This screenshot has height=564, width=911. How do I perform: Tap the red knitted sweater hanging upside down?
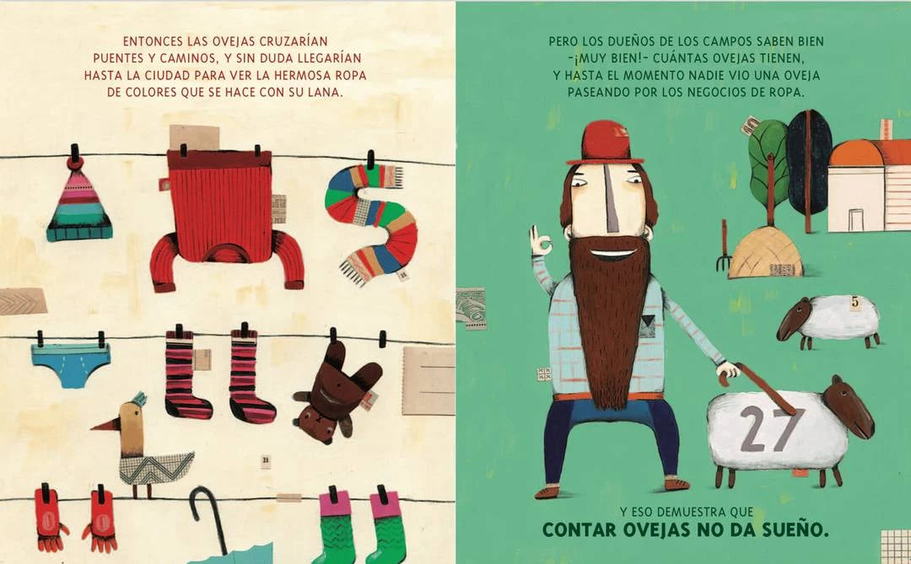[x=224, y=215]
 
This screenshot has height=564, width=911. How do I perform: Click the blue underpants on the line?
[x=71, y=365]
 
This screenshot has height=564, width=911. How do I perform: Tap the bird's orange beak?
[x=103, y=426]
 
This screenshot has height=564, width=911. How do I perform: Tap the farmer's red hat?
[x=605, y=143]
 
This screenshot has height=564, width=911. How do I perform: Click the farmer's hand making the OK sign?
[x=541, y=242]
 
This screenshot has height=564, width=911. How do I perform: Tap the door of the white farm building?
[x=856, y=220]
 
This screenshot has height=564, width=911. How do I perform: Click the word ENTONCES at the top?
[x=152, y=41]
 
